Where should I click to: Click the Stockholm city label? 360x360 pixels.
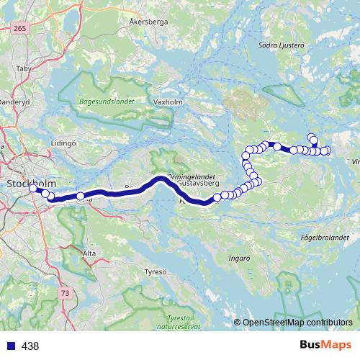pyautogui.click(x=28, y=183)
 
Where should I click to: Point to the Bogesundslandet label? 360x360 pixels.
pyautogui.click(x=107, y=102)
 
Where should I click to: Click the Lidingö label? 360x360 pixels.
pyautogui.click(x=63, y=144)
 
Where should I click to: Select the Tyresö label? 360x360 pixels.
pyautogui.click(x=155, y=272)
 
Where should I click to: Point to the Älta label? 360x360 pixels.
pyautogui.click(x=89, y=253)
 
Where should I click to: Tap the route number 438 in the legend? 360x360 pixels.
pyautogui.click(x=30, y=346)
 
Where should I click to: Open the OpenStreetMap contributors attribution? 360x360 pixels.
pyautogui.click(x=297, y=323)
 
